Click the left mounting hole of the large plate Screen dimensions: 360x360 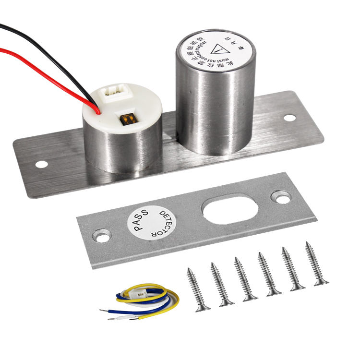(x=42, y=164)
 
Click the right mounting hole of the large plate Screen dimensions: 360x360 (x=290, y=118)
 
